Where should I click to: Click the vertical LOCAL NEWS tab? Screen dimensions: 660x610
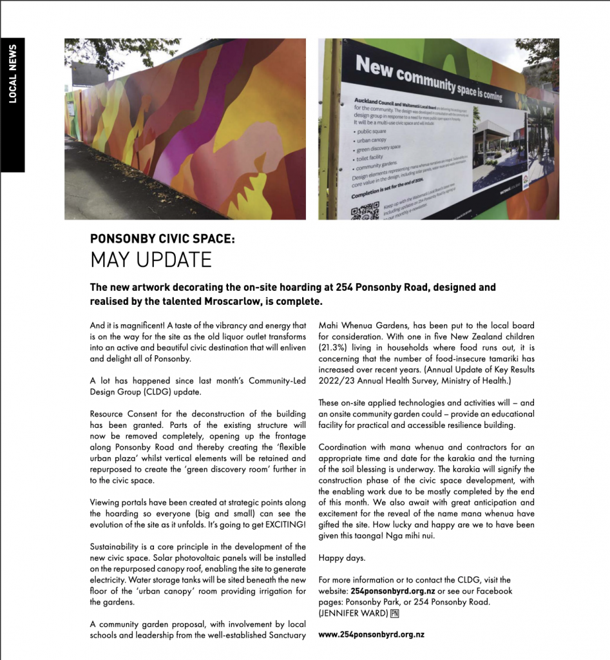tap(13, 74)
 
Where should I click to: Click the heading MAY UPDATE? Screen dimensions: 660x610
tap(151, 260)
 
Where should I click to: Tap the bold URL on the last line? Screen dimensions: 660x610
tap(371, 634)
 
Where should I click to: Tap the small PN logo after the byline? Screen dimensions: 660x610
tap(395, 613)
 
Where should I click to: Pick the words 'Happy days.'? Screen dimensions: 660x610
tap(341, 558)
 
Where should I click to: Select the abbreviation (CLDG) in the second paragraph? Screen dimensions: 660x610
tap(160, 391)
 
